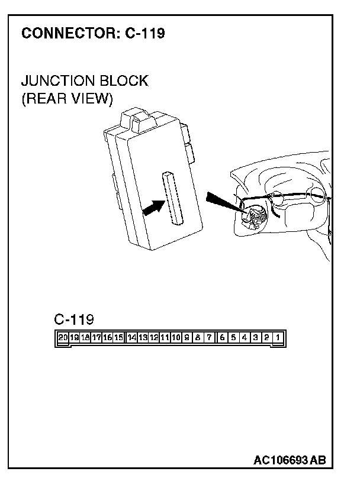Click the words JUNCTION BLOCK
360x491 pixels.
click(x=84, y=80)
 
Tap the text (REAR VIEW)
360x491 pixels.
click(x=66, y=98)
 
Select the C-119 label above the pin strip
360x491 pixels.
click(x=74, y=320)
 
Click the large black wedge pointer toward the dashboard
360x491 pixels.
click(x=224, y=203)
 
